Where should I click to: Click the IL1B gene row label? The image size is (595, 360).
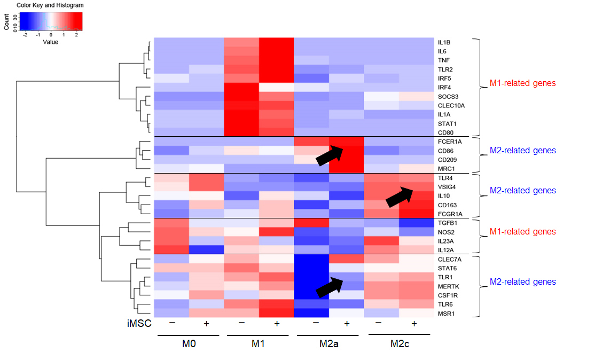tap(444, 42)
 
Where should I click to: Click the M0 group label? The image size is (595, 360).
tap(189, 343)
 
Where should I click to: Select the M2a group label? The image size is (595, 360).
tap(329, 343)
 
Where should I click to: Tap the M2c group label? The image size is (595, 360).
tap(399, 343)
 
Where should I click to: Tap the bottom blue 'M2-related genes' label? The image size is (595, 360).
tap(523, 281)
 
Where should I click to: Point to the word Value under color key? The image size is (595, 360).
tap(51, 42)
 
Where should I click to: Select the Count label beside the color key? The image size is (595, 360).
tap(6, 24)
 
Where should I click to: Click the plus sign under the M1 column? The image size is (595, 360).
tap(277, 324)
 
